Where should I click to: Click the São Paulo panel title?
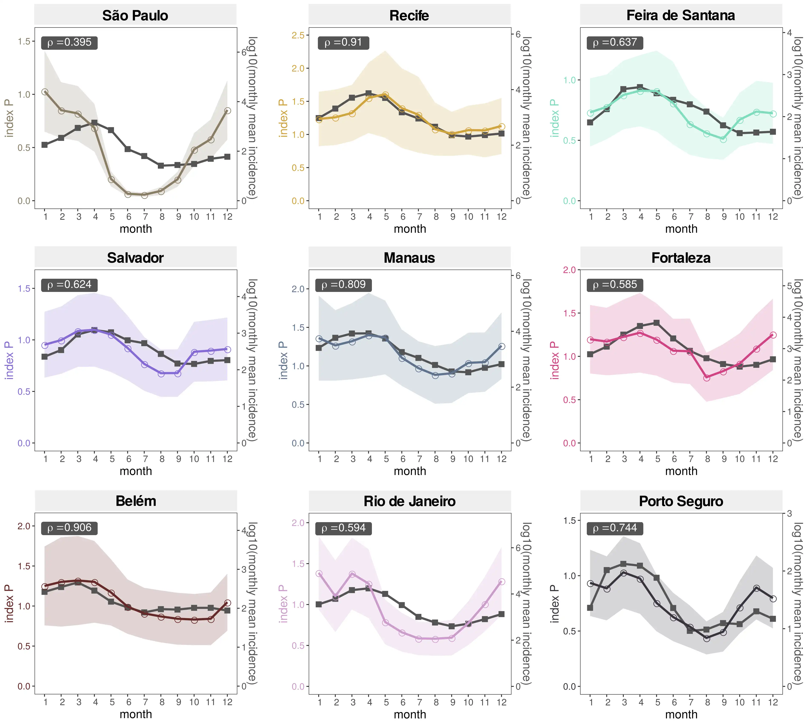tap(135, 16)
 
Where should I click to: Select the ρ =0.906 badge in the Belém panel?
tap(69, 528)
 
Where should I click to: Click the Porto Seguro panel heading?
tap(681, 501)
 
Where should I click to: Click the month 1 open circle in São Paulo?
tap(45, 92)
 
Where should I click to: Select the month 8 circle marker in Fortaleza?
tap(707, 378)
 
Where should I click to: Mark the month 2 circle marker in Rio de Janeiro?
tap(336, 597)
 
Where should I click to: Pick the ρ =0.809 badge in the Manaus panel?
tap(343, 285)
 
